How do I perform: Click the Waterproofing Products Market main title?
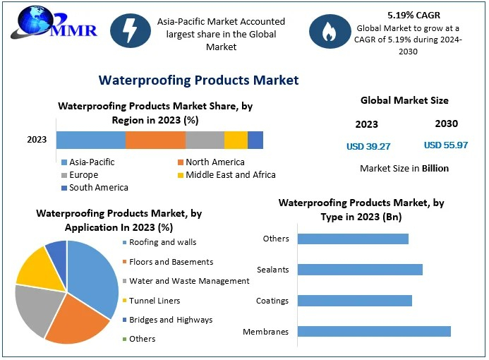coord(198,80)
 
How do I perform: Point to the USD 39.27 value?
coord(368,146)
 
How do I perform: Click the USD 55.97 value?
coord(446,145)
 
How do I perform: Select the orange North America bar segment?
coord(155,140)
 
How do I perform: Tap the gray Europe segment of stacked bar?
coord(205,140)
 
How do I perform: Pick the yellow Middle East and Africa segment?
coord(236,140)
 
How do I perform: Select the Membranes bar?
coord(374,331)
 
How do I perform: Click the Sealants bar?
coord(360,269)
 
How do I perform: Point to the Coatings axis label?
coord(272,301)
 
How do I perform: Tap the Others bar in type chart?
coord(353,239)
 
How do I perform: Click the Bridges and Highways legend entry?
coord(171,320)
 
